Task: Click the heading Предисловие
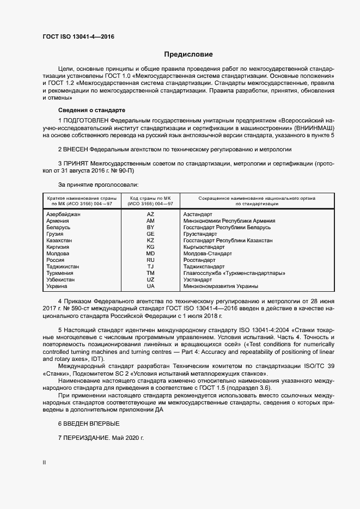tap(188, 54)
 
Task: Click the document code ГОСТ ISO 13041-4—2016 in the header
tap(78, 36)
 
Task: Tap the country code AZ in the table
tap(150, 214)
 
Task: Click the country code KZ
tap(150, 241)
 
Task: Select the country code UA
tap(150, 286)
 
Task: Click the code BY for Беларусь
tap(150, 228)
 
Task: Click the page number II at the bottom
tap(44, 463)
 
